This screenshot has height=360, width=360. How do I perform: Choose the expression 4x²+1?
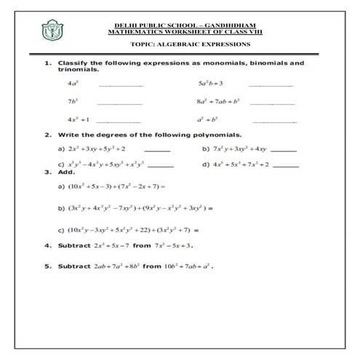click(77, 119)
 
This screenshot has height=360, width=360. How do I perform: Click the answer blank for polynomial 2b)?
click(283, 150)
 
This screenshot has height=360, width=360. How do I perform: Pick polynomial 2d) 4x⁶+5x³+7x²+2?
click(236, 164)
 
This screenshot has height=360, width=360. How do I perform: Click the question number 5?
click(47, 266)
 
